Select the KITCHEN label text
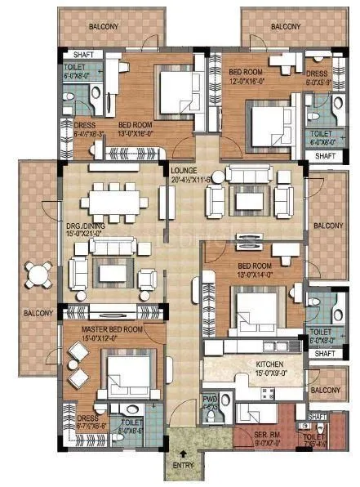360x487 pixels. point(269,364)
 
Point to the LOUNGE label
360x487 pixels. point(182,170)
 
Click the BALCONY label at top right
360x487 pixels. point(285,27)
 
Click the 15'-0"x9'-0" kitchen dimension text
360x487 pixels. point(269,373)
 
